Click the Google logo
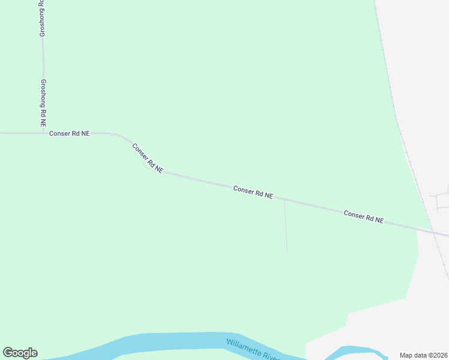(20, 353)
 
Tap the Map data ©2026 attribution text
(424, 355)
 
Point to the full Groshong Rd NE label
(43, 103)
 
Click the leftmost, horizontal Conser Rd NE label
(69, 133)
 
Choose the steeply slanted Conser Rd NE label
(147, 158)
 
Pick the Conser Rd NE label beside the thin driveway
(253, 192)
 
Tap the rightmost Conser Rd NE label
(363, 216)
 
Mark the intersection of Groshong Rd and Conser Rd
(43, 133)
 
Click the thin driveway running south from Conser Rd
(286, 228)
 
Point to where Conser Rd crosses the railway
(432, 230)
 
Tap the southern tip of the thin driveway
(287, 253)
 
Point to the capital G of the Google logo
(8, 353)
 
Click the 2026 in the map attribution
(441, 355)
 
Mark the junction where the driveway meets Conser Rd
(285, 201)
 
